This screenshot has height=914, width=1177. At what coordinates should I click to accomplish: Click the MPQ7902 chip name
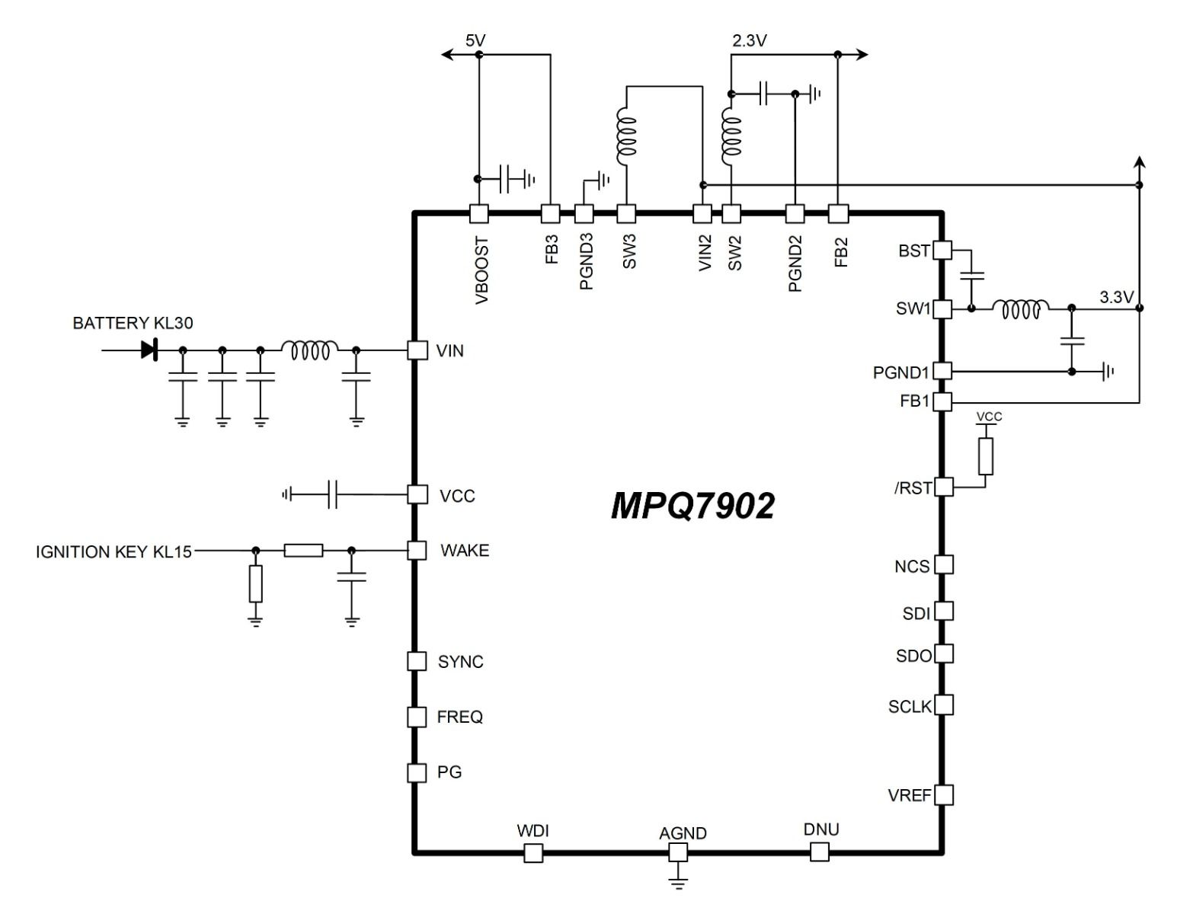pyautogui.click(x=692, y=506)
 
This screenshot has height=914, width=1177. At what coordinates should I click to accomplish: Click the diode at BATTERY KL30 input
pyautogui.click(x=149, y=350)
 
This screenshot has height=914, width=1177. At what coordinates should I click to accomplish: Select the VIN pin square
pyautogui.click(x=417, y=350)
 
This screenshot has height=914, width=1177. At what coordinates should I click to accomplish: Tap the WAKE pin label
pyautogui.click(x=465, y=551)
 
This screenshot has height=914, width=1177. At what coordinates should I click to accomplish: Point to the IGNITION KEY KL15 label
pyautogui.click(x=114, y=551)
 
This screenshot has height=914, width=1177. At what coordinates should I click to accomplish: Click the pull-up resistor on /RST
pyautogui.click(x=986, y=455)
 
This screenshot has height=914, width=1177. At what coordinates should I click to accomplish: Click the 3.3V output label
pyautogui.click(x=1117, y=297)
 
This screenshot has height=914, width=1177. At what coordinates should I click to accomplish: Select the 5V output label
pyautogui.click(x=475, y=40)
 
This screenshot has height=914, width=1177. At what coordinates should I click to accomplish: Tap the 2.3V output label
pyautogui.click(x=749, y=40)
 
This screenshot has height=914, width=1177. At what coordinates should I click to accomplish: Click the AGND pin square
pyautogui.click(x=678, y=853)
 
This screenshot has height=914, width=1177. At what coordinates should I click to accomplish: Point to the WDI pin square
pyautogui.click(x=533, y=853)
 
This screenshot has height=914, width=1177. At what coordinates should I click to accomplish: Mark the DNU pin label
pyautogui.click(x=821, y=829)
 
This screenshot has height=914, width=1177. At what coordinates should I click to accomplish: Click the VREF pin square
pyautogui.click(x=943, y=795)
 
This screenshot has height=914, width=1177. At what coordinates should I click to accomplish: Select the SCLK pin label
pyautogui.click(x=910, y=707)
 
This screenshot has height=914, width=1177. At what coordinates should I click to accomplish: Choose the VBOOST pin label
pyautogui.click(x=482, y=270)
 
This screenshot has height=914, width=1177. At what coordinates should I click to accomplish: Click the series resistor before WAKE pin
pyautogui.click(x=303, y=550)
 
